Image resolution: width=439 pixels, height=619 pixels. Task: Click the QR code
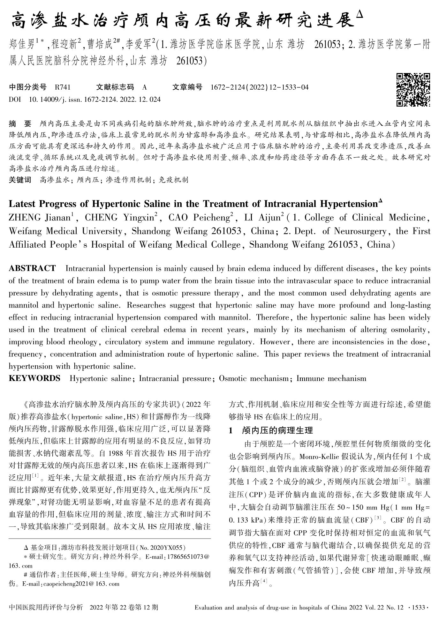413,90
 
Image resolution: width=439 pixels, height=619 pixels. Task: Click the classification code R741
63,87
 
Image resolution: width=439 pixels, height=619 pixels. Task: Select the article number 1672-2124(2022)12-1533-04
260,87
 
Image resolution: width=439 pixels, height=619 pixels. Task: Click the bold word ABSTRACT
32,268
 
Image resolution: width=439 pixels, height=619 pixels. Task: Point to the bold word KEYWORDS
34,378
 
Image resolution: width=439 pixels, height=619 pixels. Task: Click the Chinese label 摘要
20,123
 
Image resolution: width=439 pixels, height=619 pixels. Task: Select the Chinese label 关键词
20,180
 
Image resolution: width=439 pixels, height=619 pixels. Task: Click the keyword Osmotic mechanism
254,379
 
